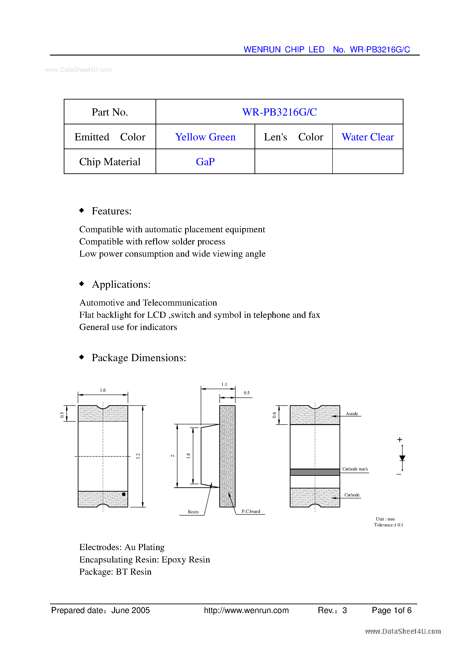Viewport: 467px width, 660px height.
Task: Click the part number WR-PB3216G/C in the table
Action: click(279, 112)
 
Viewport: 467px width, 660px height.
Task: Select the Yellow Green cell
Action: click(205, 137)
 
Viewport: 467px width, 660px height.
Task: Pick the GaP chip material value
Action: click(205, 162)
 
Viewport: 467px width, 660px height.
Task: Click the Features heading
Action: click(111, 211)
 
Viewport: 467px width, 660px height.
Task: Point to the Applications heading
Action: click(121, 284)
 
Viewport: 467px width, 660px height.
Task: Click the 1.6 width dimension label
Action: click(103, 390)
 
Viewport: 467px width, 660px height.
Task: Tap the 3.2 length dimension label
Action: click(138, 456)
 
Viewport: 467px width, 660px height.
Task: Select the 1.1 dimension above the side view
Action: click(224, 384)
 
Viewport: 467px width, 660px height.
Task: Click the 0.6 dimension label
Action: click(274, 415)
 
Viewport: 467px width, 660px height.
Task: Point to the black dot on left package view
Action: click(123, 494)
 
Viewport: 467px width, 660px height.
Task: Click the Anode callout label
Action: click(352, 414)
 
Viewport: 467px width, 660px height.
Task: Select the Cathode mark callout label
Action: click(355, 469)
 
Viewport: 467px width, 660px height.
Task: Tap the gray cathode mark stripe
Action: click(315, 472)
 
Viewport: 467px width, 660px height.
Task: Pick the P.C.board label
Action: click(251, 511)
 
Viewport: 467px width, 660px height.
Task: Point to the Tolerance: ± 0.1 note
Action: click(388, 525)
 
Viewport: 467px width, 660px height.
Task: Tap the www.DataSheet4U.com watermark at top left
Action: click(78, 70)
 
